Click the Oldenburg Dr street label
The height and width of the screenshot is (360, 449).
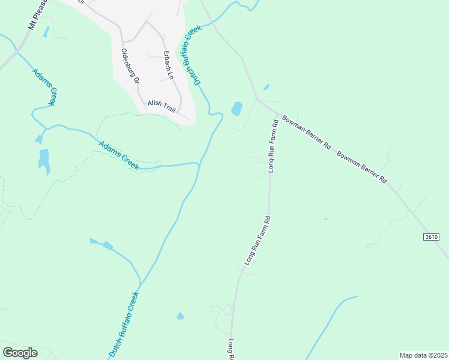click(x=130, y=66)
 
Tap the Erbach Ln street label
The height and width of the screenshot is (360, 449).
click(x=168, y=64)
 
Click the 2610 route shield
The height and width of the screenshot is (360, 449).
click(x=432, y=237)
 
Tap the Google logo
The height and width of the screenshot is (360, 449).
click(x=20, y=353)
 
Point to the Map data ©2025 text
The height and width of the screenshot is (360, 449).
click(x=423, y=355)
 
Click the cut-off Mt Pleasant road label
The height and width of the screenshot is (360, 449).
click(x=37, y=14)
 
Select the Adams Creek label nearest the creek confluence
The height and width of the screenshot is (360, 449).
click(x=119, y=155)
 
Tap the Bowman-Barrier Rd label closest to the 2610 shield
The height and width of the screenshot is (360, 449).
click(x=361, y=167)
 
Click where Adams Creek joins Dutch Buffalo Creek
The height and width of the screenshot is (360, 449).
click(x=199, y=163)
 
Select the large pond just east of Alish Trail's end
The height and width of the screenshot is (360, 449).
click(x=237, y=109)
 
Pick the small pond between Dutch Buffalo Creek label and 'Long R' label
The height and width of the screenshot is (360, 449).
click(x=180, y=316)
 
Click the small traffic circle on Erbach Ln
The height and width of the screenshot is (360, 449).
click(x=163, y=37)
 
